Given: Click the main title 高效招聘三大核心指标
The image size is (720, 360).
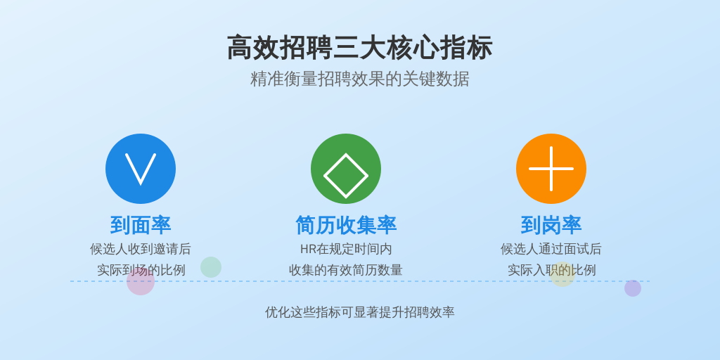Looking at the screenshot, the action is pyautogui.click(x=359, y=47).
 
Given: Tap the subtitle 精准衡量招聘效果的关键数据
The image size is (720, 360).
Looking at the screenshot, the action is pyautogui.click(x=359, y=79).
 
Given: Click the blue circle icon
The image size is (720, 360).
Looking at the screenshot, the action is pyautogui.click(x=141, y=169).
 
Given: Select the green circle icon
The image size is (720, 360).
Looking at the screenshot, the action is pyautogui.click(x=346, y=169).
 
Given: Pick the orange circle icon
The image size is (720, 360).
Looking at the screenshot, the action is pyautogui.click(x=551, y=169).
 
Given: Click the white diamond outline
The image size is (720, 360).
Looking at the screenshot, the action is pyautogui.click(x=346, y=153).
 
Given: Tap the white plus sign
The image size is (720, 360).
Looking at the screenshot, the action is pyautogui.click(x=551, y=169).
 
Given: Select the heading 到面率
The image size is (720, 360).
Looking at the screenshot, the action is pyautogui.click(x=141, y=225).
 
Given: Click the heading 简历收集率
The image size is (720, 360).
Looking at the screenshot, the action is pyautogui.click(x=346, y=225).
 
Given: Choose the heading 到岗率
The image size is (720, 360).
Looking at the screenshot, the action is pyautogui.click(x=551, y=225).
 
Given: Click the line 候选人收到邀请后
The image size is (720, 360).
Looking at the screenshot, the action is pyautogui.click(x=141, y=250).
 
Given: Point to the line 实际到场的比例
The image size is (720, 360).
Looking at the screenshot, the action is pyautogui.click(x=141, y=270).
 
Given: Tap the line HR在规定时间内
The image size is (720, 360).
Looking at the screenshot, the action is pyautogui.click(x=346, y=250).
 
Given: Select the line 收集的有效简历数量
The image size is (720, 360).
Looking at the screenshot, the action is pyautogui.click(x=346, y=270).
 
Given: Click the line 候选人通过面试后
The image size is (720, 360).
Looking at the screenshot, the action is pyautogui.click(x=551, y=250).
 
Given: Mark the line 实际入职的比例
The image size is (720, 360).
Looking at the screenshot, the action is pyautogui.click(x=551, y=270).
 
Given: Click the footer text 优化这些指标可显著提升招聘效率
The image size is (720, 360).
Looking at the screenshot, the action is pyautogui.click(x=359, y=312).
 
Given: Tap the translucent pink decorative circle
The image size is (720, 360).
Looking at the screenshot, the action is pyautogui.click(x=141, y=281).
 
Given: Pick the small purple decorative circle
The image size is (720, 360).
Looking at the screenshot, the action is pyautogui.click(x=633, y=288).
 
